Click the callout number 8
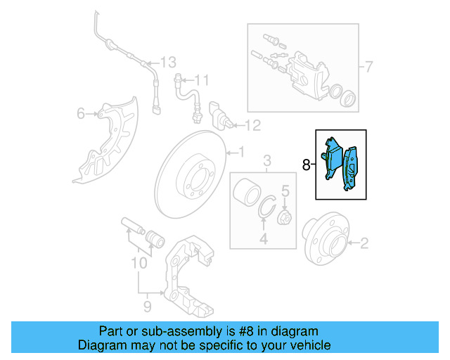(x=306, y=165)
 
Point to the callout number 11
(x=202, y=79)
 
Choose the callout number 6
(x=80, y=113)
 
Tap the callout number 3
(x=267, y=163)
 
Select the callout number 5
(x=285, y=190)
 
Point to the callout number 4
(x=264, y=240)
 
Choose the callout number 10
(x=139, y=264)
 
